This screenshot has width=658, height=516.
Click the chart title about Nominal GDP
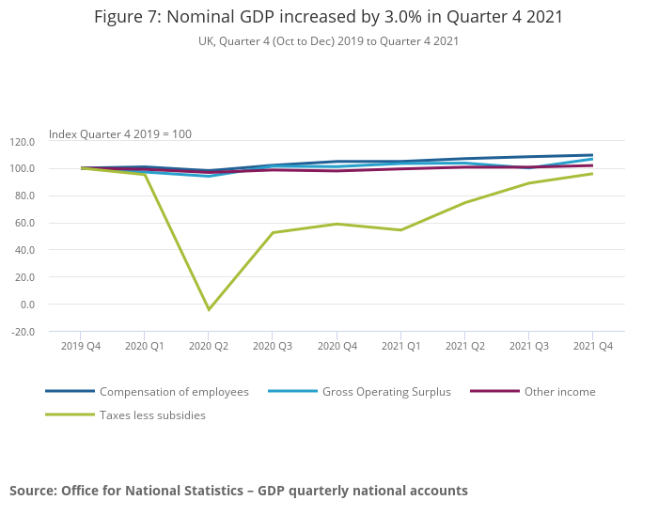[x=328, y=18]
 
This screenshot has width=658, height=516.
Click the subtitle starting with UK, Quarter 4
[x=328, y=41]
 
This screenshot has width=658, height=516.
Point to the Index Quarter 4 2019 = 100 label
[x=120, y=134]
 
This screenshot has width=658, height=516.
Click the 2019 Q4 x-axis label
[x=81, y=346]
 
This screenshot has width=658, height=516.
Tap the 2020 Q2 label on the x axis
[x=209, y=346]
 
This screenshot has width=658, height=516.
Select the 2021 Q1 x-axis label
[x=400, y=346]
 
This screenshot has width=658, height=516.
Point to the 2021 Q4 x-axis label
[x=593, y=346]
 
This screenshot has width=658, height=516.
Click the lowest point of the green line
[x=209, y=309]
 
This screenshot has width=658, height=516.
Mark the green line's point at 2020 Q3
[x=273, y=233]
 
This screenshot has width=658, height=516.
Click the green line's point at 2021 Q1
[x=400, y=230]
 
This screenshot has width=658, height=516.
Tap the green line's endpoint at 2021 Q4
[x=592, y=174]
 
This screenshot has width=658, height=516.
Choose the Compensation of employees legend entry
[x=174, y=392]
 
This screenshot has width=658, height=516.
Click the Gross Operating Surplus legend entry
[x=386, y=392]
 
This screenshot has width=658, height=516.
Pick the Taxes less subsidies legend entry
[x=152, y=415]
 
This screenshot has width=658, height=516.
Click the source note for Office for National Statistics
[x=239, y=491]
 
